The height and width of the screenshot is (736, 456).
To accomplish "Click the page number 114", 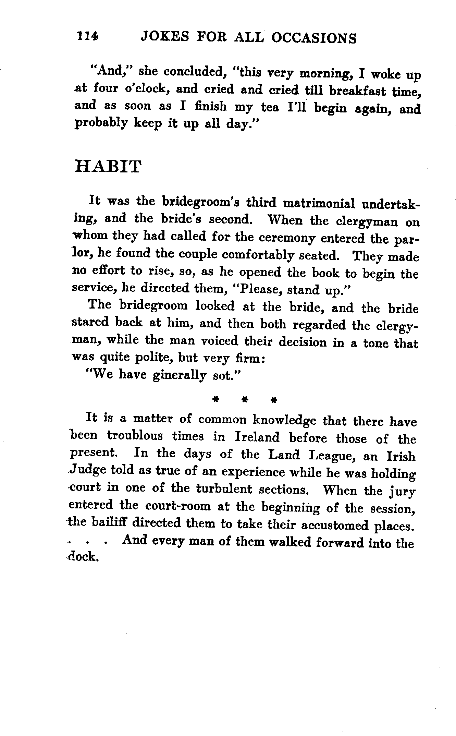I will pos(88,36).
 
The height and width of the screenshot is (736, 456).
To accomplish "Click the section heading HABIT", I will pos(108,167).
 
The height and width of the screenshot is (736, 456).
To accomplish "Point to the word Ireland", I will pos(257,437).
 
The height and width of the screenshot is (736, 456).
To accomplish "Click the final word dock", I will pos(84,557).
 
